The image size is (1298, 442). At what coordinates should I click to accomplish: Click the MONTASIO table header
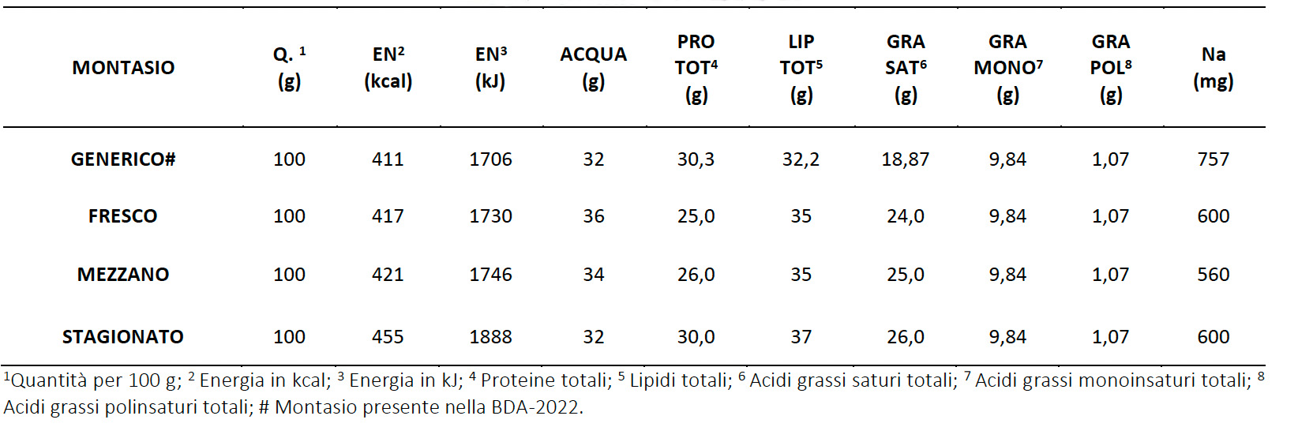[123, 68]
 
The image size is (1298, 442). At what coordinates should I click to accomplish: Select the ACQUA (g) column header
[593, 67]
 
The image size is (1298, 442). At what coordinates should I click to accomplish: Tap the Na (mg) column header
[1213, 67]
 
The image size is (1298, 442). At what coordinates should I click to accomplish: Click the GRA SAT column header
[905, 68]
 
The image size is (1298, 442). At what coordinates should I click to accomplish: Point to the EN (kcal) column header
[388, 67]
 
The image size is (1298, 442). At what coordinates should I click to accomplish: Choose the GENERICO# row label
[123, 159]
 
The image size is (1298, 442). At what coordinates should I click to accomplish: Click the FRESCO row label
[123, 216]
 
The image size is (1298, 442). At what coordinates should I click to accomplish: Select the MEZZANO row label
[123, 275]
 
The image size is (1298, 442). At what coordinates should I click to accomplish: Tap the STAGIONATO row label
[123, 337]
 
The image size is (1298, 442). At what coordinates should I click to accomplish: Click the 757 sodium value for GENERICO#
[1213, 159]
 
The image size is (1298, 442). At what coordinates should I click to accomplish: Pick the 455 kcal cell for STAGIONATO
[388, 337]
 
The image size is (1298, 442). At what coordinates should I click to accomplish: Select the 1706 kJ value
[490, 159]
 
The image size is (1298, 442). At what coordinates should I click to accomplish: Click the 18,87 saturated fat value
[905, 159]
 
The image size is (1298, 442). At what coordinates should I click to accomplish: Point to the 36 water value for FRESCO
[593, 216]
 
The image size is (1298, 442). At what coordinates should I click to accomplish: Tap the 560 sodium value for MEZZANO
[1213, 275]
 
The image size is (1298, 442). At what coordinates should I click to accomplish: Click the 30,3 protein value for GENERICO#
[696, 159]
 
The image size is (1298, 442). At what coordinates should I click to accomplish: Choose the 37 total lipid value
[801, 337]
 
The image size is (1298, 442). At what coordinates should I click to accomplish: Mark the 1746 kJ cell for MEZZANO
[490, 275]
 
